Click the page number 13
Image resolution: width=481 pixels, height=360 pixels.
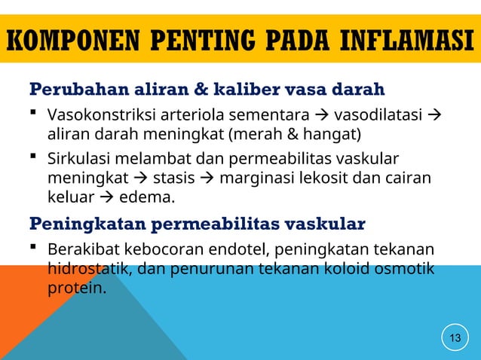tap(455, 337)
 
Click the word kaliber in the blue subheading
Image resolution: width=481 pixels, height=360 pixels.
tap(233, 90)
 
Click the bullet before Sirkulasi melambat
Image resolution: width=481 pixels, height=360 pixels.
tap(35, 158)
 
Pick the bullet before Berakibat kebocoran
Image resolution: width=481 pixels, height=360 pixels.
tap(35, 248)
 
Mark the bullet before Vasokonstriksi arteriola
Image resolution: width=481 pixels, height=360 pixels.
tap(35, 115)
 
